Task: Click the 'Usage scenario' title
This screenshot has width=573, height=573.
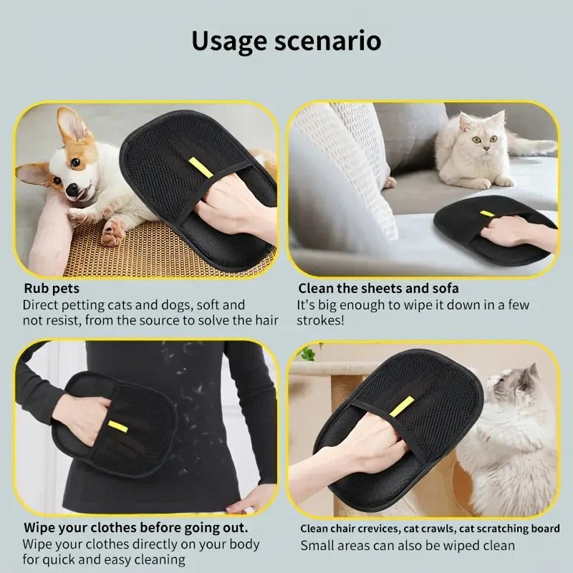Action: pyautogui.click(x=286, y=41)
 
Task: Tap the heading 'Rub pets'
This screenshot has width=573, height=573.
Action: pyautogui.click(x=52, y=289)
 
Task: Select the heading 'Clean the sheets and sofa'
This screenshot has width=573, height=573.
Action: pyautogui.click(x=378, y=289)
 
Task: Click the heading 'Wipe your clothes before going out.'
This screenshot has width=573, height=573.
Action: pyautogui.click(x=136, y=528)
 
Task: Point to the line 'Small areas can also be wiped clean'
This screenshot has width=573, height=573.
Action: pyautogui.click(x=407, y=545)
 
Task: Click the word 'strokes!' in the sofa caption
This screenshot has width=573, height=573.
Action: pyautogui.click(x=320, y=320)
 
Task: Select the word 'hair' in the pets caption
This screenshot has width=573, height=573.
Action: pyautogui.click(x=265, y=320)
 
